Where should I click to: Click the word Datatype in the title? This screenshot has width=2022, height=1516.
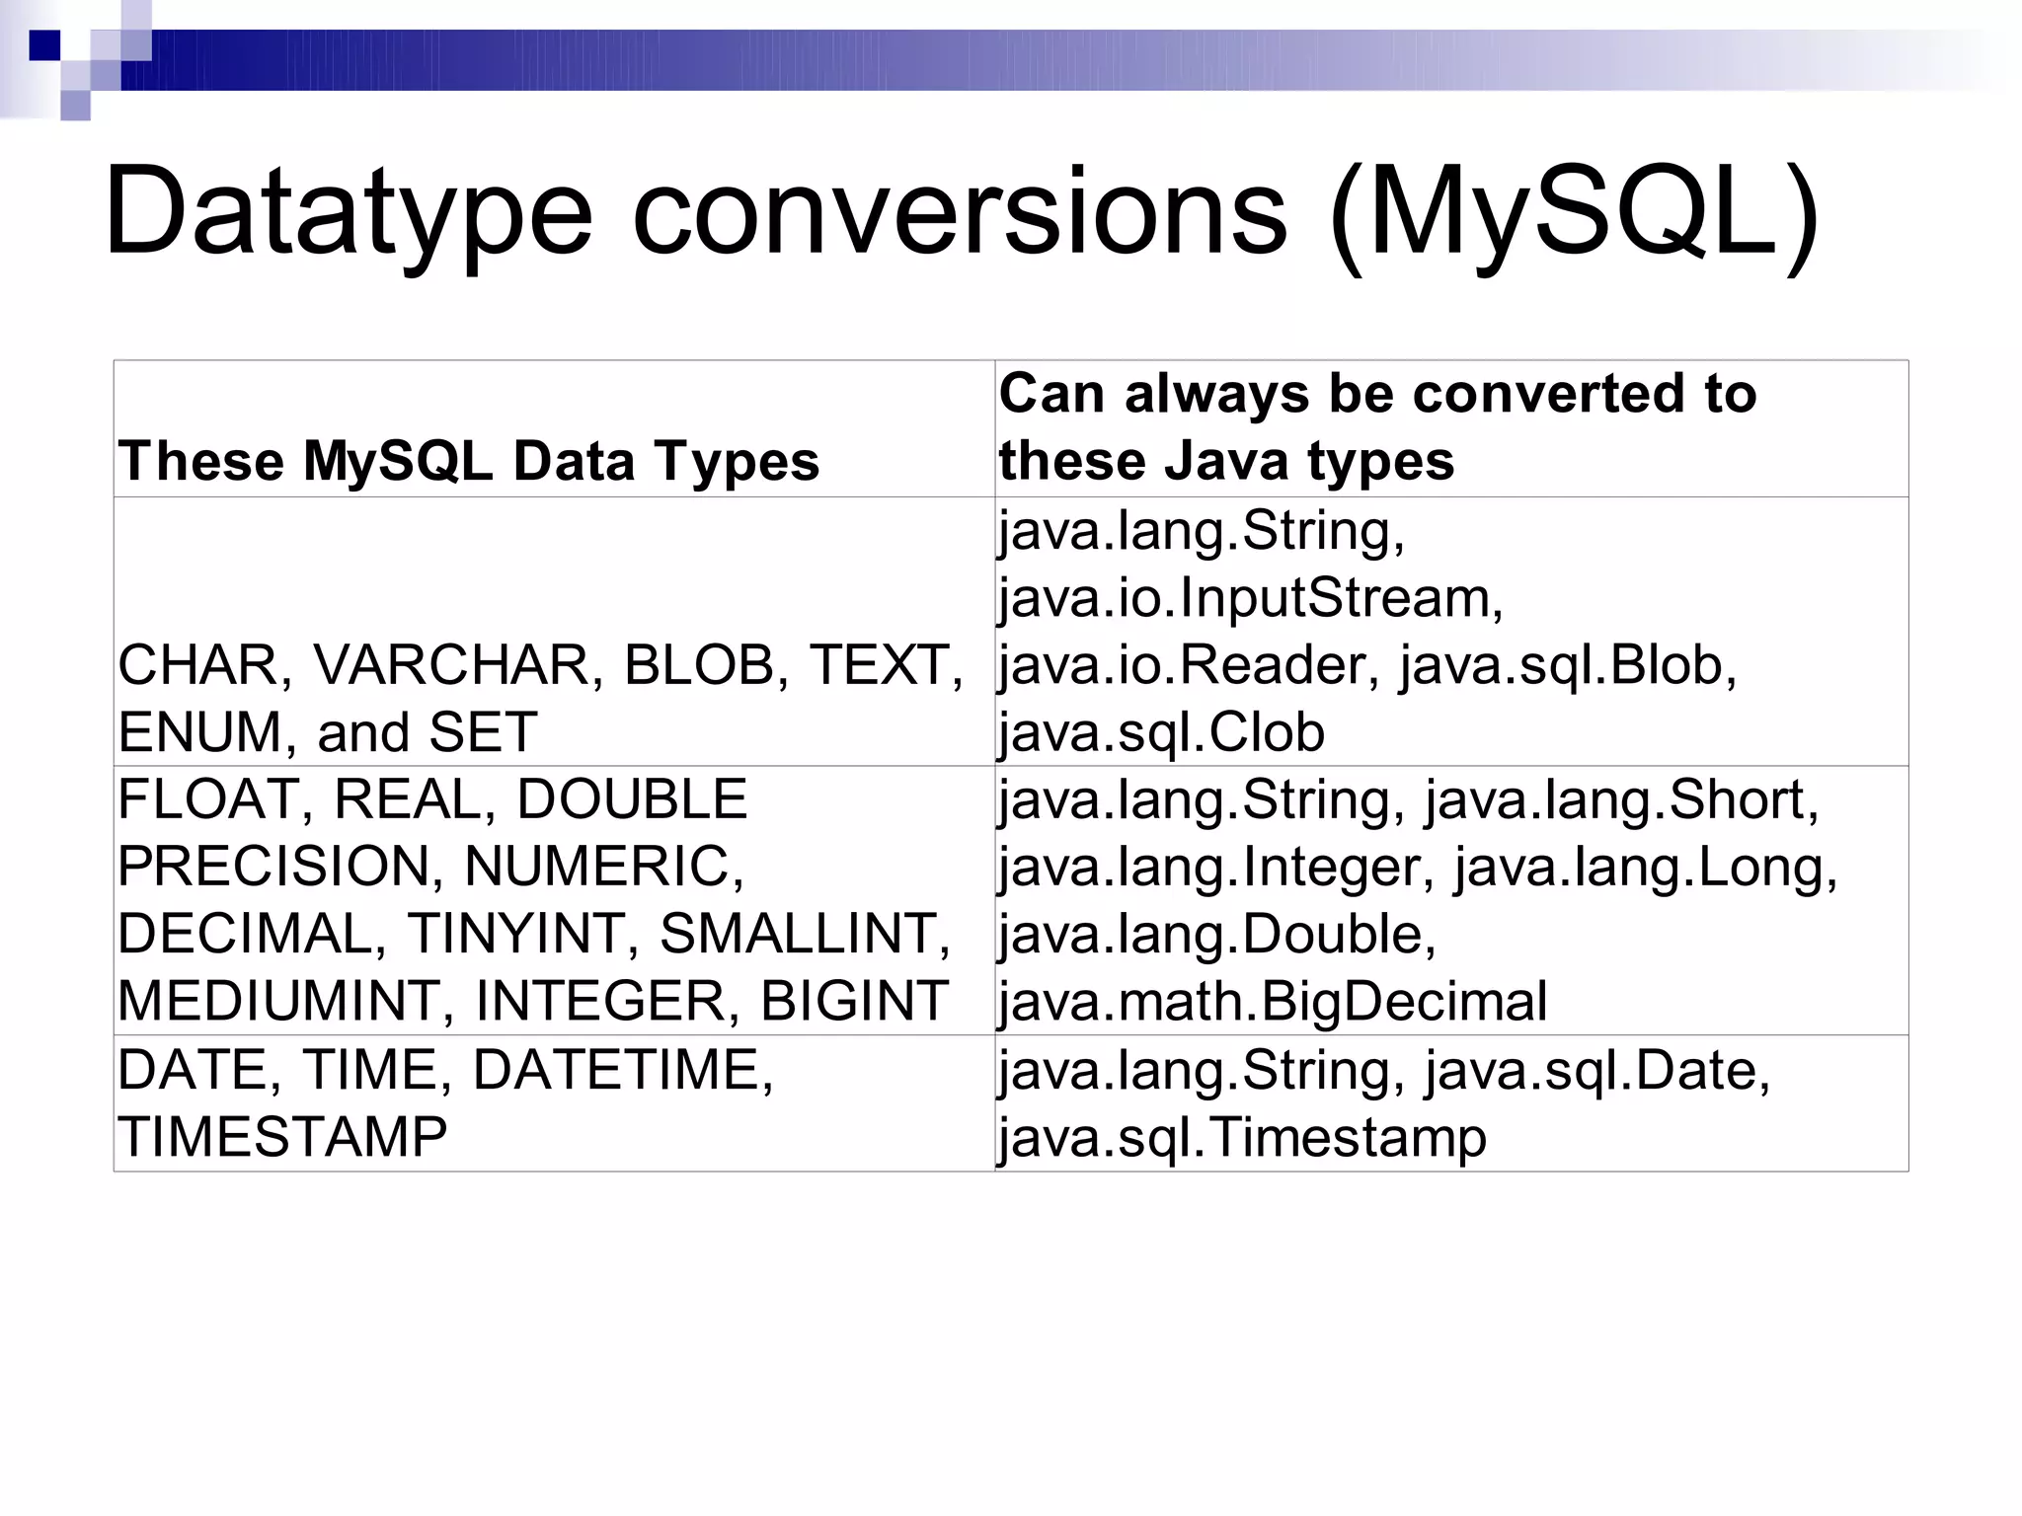(348, 212)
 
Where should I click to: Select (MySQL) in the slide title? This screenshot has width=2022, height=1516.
(1574, 212)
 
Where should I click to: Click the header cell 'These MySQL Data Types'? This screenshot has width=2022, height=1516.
(469, 461)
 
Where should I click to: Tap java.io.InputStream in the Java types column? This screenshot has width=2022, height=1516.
(1250, 598)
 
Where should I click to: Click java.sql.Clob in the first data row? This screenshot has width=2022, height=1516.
(1161, 732)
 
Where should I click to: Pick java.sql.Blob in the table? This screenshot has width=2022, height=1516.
(1568, 665)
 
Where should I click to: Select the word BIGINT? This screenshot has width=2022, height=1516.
(854, 1001)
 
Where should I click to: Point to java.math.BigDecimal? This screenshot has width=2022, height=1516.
(1273, 1001)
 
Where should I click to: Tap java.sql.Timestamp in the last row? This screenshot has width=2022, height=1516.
(1242, 1137)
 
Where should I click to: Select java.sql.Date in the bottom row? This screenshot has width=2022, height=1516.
(1597, 1069)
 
